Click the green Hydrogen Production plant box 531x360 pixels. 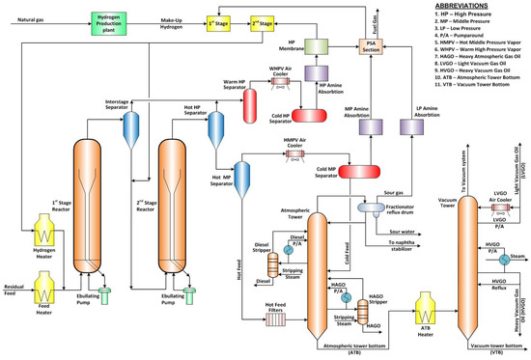[x=112, y=20]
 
